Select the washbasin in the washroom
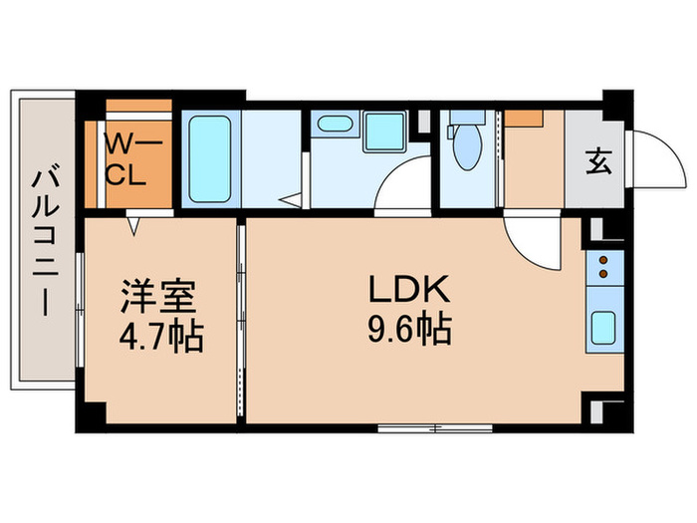(332, 126)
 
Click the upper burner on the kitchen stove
(603, 262)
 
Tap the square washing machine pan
(378, 132)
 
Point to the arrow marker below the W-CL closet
(131, 227)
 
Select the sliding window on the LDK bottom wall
(434, 428)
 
